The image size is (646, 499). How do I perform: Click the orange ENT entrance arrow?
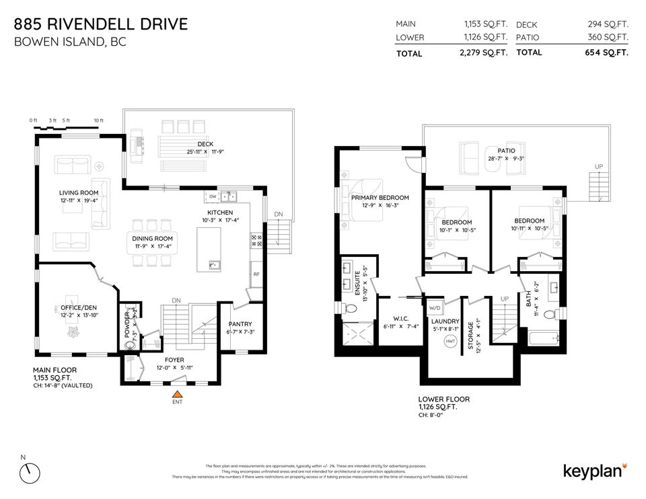[177, 395]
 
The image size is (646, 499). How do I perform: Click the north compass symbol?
[30, 472]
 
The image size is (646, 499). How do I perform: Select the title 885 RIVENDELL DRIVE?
[101, 25]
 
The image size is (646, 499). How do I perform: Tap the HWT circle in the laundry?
[450, 342]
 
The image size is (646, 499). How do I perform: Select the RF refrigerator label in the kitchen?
[256, 274]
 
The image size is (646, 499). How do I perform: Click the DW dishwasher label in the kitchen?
[213, 196]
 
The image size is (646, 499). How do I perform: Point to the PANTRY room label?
[240, 324]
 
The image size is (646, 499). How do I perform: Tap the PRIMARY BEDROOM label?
[380, 198]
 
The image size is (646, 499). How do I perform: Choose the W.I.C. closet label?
[392, 319]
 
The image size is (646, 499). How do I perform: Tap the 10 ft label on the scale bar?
[98, 120]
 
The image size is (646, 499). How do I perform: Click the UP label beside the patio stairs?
[598, 166]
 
